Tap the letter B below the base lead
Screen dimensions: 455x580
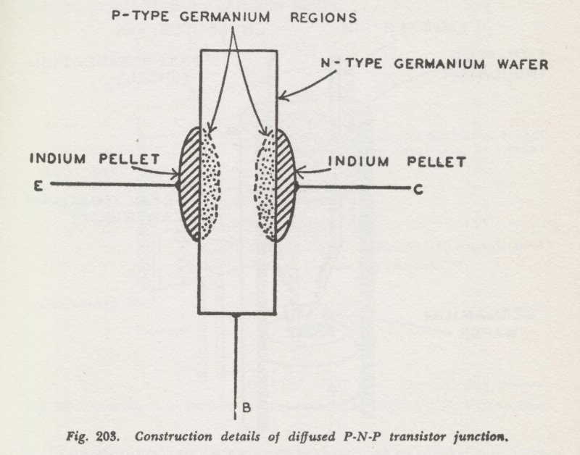246,408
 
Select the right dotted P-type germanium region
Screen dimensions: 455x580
265,187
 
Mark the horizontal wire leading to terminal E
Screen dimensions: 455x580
112,184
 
